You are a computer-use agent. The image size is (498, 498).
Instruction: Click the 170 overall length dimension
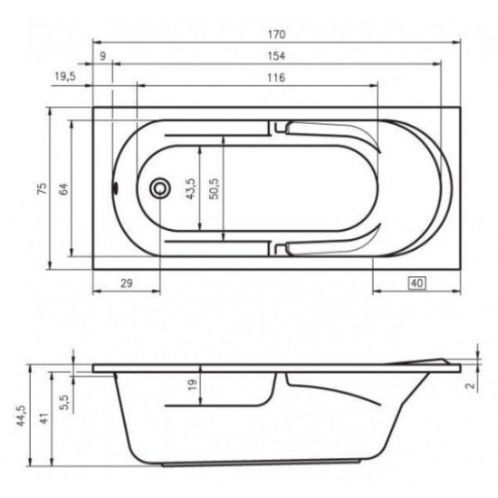277,34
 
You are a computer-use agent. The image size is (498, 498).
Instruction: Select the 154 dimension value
276,56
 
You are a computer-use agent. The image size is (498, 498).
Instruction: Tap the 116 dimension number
276,78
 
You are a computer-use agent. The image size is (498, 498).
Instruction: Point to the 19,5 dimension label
65,77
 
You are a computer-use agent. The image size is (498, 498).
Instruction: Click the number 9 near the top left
102,56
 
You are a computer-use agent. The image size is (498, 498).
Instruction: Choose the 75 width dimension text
42,188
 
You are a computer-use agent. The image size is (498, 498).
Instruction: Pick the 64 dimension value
63,189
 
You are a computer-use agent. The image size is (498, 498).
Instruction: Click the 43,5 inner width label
191,188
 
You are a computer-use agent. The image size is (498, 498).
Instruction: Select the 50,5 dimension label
215,188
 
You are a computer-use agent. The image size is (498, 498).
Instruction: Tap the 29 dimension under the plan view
127,283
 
